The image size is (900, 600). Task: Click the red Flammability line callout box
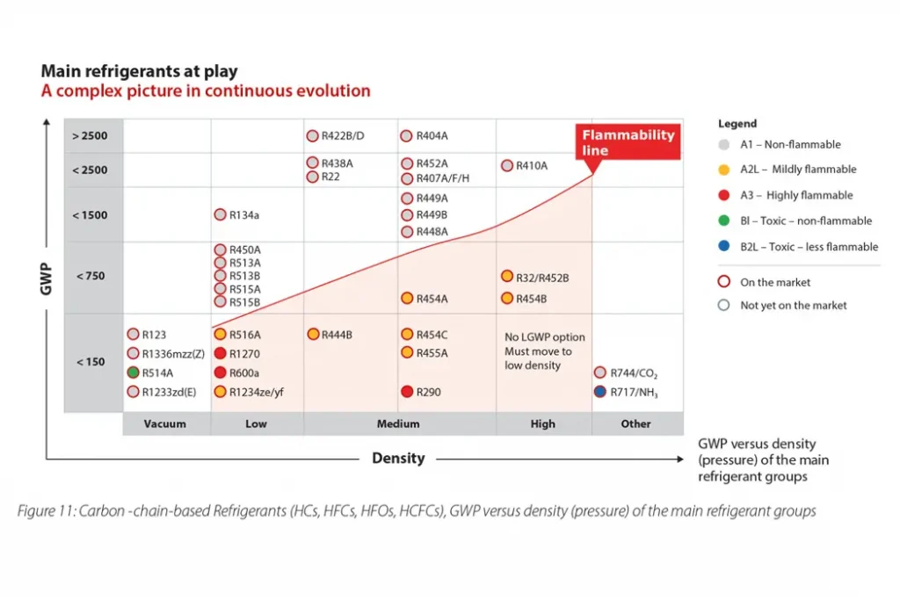coord(628,142)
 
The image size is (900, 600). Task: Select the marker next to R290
coord(407,392)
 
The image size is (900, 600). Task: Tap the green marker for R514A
coord(134,372)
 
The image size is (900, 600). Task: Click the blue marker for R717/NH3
coord(600,393)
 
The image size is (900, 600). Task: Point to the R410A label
coord(532,165)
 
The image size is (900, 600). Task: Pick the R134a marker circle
coord(221,214)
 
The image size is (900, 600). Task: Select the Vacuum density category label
coord(165,423)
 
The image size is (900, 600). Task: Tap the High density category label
coord(543,423)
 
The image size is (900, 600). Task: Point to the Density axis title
coord(398,459)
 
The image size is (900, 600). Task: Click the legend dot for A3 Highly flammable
coord(723,195)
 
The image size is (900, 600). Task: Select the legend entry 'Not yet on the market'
coord(794,306)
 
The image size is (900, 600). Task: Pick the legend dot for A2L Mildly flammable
coord(723,170)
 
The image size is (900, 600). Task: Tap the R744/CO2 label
coord(635,373)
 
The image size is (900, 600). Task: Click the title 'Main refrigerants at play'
coord(139,72)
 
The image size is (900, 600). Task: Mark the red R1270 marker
coord(221,353)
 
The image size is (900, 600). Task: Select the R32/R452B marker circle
coord(507,277)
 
